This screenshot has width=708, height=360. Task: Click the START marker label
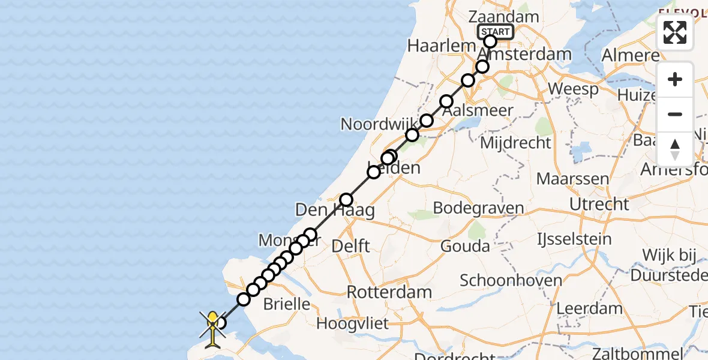coord(496,32)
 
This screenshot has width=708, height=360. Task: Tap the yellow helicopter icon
coord(213,326)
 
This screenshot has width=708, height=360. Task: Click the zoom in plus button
coord(675,80)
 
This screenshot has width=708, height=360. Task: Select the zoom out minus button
coord(675,114)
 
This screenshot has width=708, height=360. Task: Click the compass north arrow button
coord(675,149)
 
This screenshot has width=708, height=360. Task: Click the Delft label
coord(351,245)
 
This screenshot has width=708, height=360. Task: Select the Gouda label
coord(465,246)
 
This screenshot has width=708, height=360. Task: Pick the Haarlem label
coord(437,45)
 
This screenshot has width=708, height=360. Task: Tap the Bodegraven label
coord(478,208)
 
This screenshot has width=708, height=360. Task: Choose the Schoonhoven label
coord(511,280)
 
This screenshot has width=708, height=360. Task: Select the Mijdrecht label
coord(515,143)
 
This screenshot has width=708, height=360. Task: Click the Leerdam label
coord(590,308)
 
